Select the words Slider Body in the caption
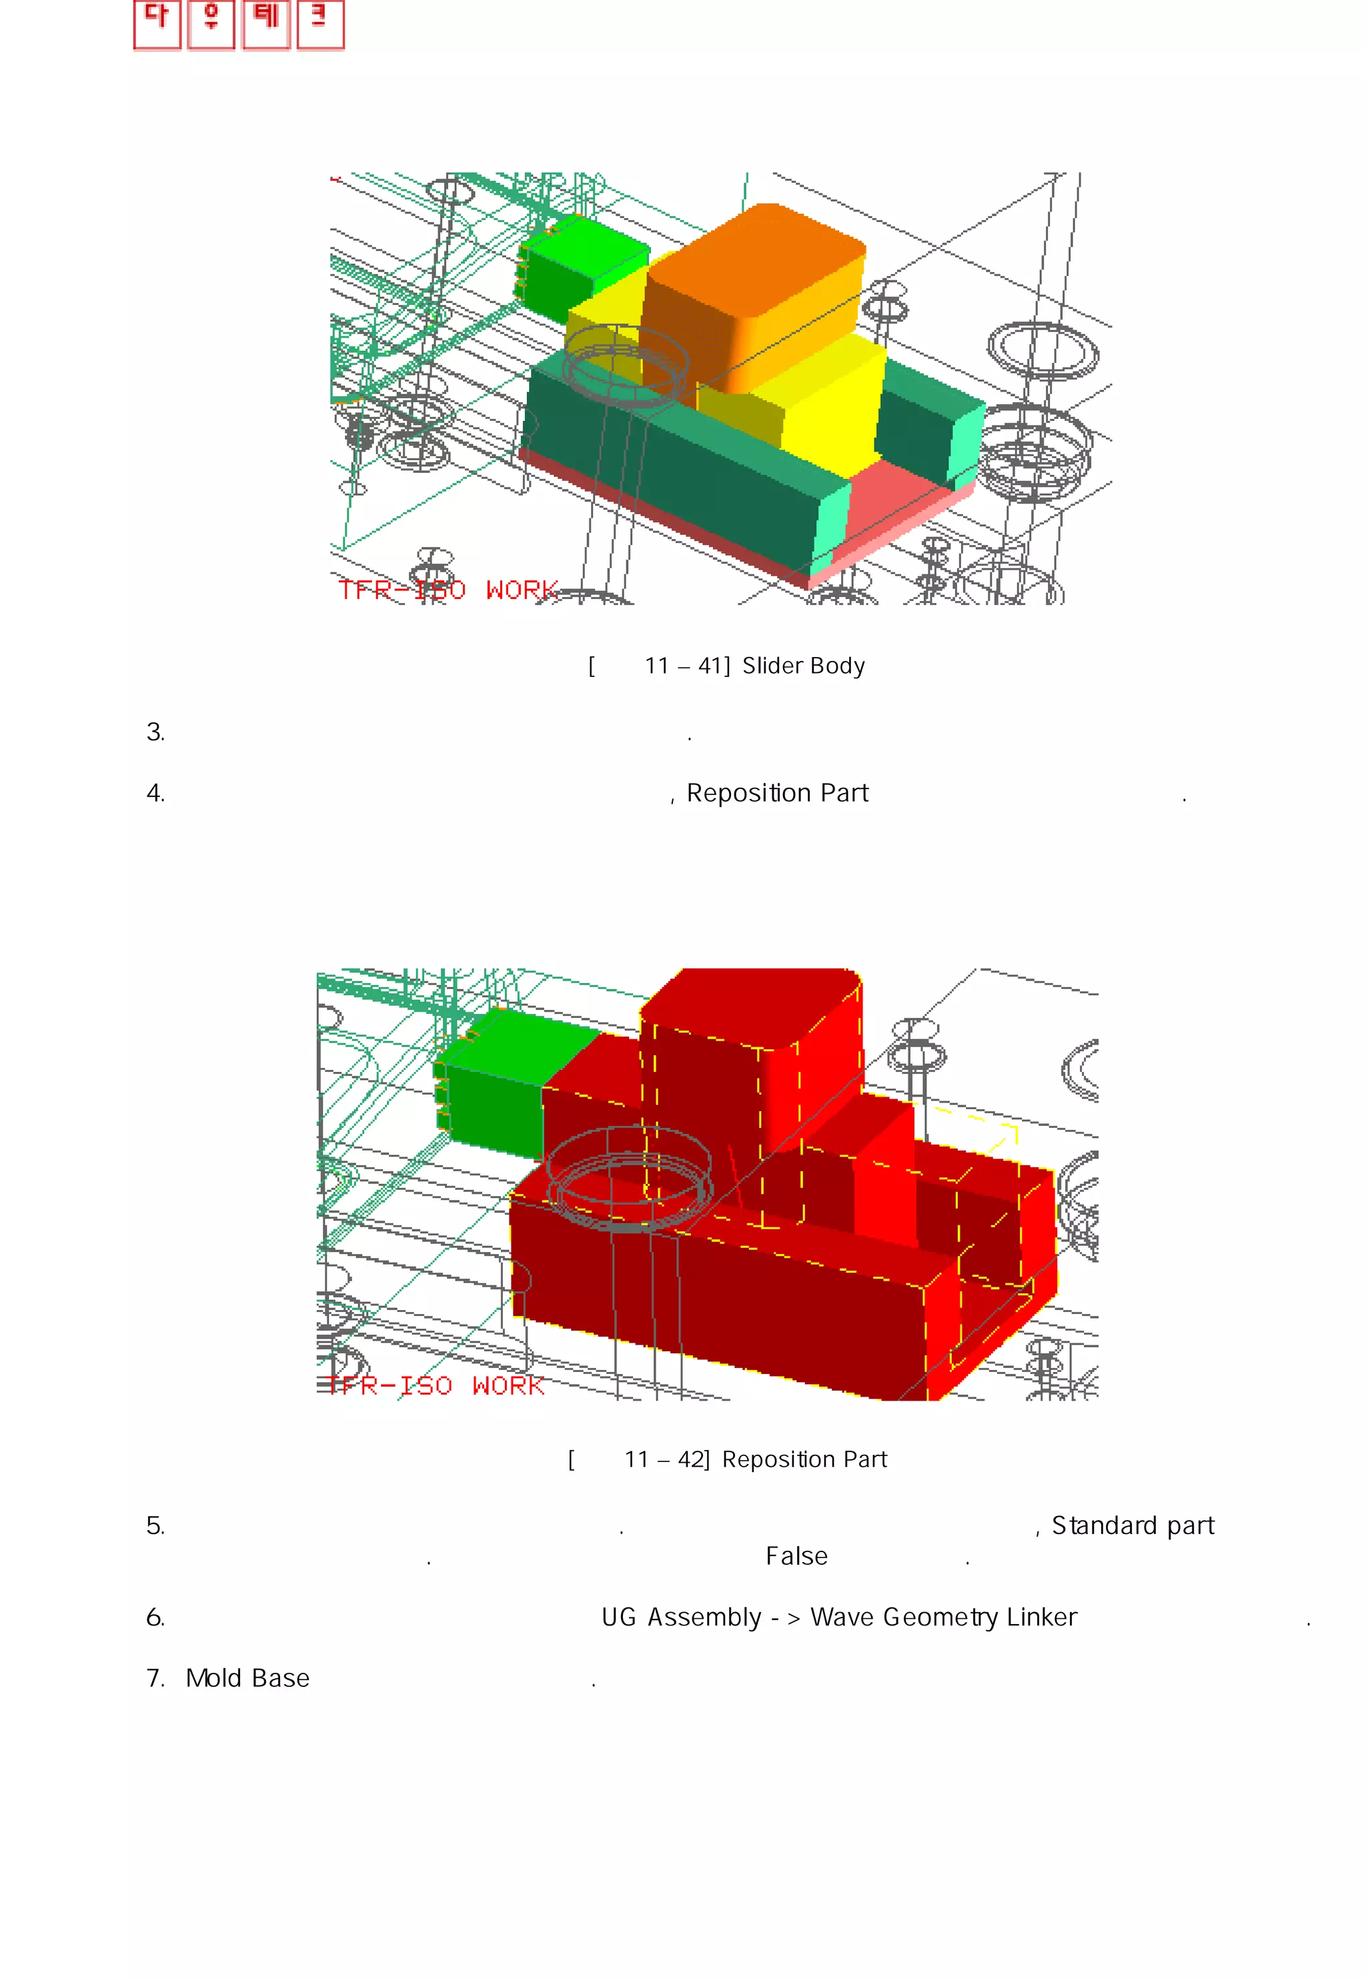click(803, 666)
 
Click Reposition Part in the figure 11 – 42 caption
click(804, 1460)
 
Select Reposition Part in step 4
click(777, 794)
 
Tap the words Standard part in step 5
click(1133, 1526)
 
